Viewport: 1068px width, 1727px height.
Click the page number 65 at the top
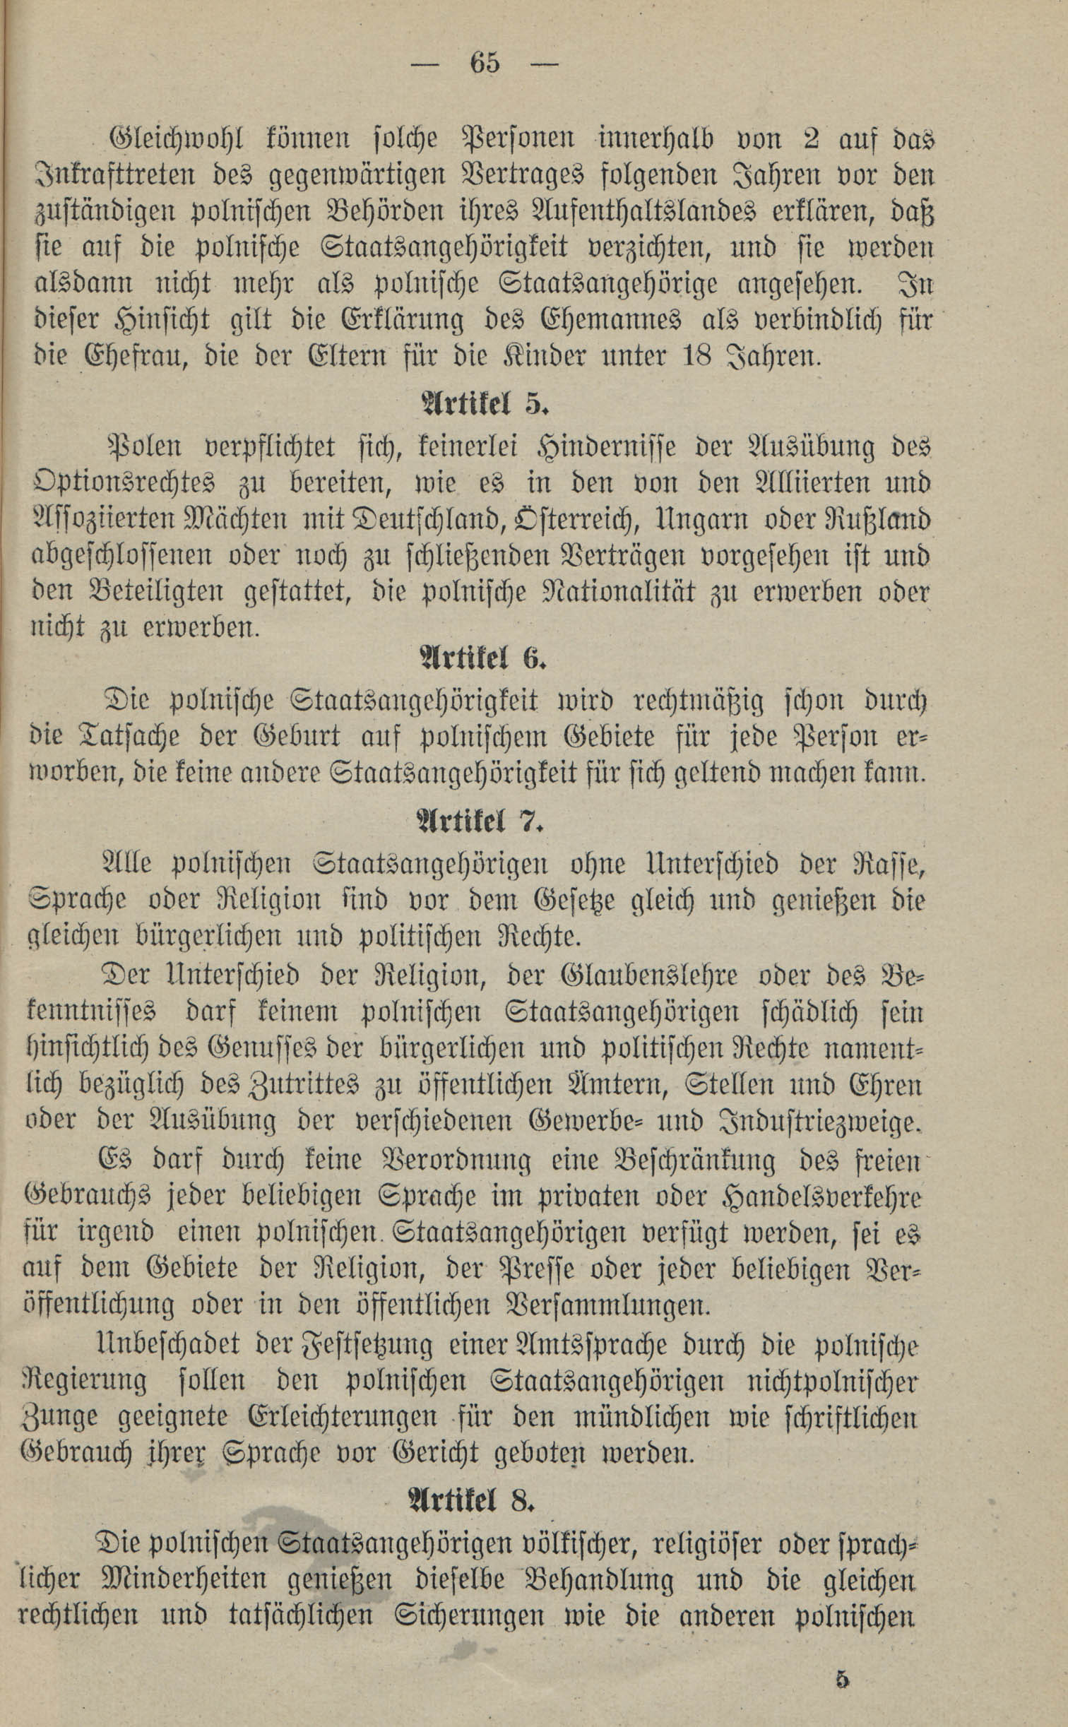485,64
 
